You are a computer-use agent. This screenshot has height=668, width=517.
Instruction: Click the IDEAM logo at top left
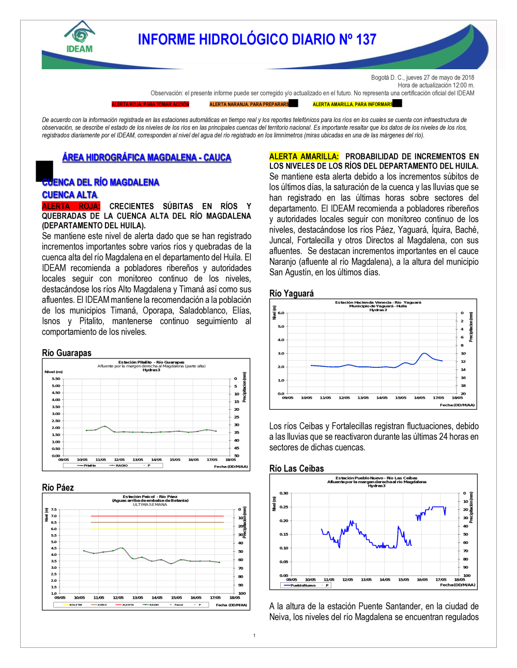click(80, 37)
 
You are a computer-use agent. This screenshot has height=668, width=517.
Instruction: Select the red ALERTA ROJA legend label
click(150, 104)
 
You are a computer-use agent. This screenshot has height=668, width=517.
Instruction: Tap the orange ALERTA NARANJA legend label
click(249, 104)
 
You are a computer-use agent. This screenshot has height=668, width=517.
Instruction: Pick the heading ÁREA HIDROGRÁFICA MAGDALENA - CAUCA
click(146, 158)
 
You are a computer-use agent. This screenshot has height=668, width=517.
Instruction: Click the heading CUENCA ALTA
click(70, 195)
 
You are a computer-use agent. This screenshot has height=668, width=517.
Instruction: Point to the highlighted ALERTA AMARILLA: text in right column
click(304, 156)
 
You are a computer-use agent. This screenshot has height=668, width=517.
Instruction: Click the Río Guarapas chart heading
click(67, 353)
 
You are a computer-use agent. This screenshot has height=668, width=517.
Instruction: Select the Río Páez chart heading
click(58, 487)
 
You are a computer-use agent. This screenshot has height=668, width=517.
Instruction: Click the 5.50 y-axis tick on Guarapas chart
click(56, 379)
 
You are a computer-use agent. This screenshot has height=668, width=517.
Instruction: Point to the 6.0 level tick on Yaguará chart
click(281, 313)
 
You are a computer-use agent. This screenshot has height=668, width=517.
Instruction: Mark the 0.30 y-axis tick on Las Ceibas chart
click(284, 493)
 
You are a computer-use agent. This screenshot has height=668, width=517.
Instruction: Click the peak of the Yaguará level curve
click(424, 353)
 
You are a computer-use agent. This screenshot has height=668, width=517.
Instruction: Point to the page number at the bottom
click(254, 635)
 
